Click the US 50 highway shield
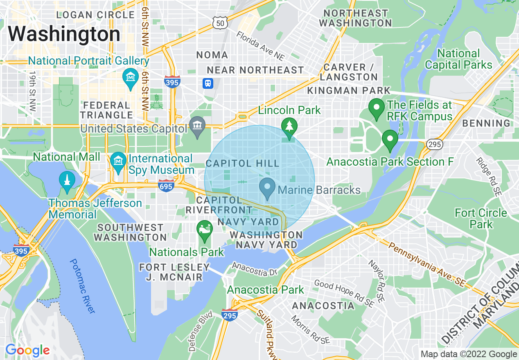220,24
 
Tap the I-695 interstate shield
166,186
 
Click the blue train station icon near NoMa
208,83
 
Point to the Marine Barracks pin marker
267,189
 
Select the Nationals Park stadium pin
204,231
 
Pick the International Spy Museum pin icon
118,162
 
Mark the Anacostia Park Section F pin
389,140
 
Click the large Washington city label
64,34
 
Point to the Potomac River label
82,286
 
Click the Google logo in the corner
27,351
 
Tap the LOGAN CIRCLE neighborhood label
95,15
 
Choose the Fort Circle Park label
481,218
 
